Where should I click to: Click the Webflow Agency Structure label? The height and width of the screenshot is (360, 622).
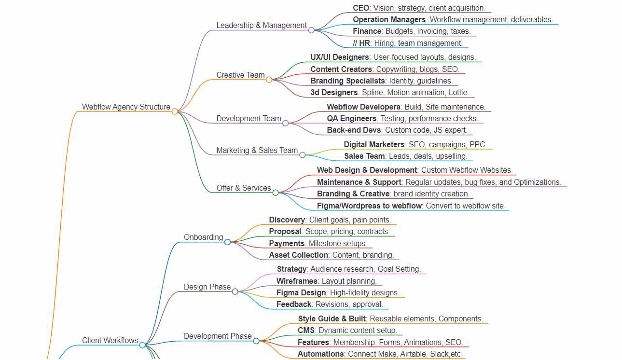click(x=126, y=107)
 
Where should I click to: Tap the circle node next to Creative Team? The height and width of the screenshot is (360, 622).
click(x=269, y=80)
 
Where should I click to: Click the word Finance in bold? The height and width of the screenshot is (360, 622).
click(x=367, y=31)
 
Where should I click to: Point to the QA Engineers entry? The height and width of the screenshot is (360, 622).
click(x=402, y=118)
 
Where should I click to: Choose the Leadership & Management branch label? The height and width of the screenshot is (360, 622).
click(x=261, y=25)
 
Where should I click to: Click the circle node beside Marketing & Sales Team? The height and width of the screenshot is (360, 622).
click(x=303, y=155)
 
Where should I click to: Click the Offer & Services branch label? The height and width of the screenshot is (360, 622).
click(x=243, y=188)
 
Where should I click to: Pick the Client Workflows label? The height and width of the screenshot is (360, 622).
click(x=110, y=340)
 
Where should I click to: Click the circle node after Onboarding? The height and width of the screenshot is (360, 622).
click(x=227, y=242)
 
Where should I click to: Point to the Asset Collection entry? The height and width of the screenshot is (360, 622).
click(x=331, y=255)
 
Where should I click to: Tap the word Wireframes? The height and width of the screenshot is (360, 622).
click(x=297, y=281)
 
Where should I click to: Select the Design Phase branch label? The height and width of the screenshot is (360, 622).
click(x=207, y=287)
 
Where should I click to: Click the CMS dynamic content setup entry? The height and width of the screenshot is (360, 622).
click(x=347, y=330)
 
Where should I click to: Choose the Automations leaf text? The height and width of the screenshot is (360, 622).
click(x=379, y=354)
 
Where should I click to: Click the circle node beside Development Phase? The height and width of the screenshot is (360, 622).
click(x=256, y=341)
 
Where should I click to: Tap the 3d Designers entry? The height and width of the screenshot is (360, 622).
click(x=389, y=92)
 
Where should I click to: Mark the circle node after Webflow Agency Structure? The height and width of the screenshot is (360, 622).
click(x=175, y=111)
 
